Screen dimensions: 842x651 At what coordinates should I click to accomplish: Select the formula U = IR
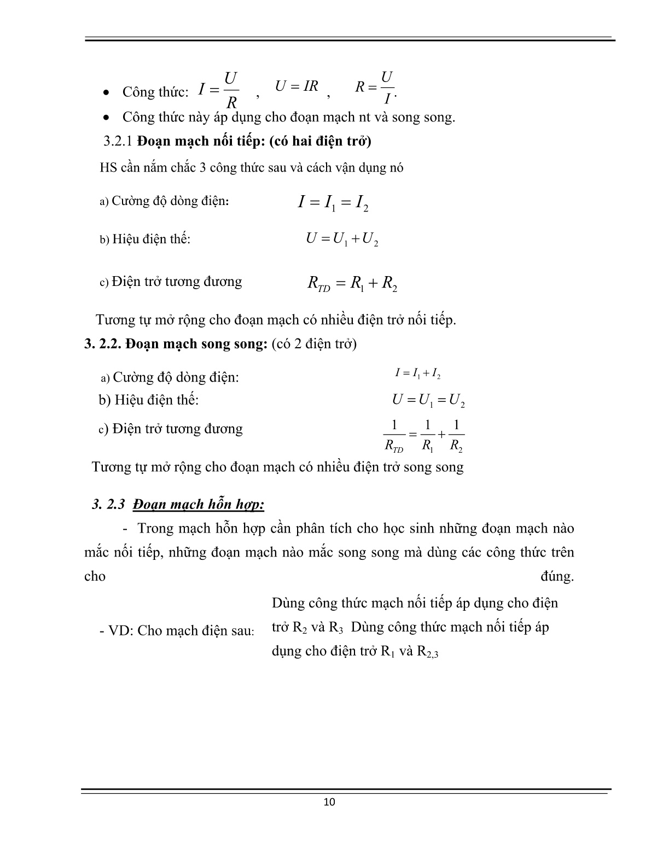tap(297, 86)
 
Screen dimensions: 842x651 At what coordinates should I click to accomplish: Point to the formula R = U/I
tap(375, 87)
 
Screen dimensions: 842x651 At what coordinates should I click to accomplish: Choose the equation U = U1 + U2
tap(342, 239)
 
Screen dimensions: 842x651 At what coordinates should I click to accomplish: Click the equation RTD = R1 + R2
tap(352, 283)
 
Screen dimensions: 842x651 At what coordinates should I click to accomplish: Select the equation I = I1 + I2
tap(417, 374)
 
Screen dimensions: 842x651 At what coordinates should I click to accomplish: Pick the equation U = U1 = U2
tap(428, 401)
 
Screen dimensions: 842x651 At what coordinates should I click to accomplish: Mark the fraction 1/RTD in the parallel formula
tap(394, 436)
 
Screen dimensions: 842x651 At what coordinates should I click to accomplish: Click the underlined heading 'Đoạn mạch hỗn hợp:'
tap(199, 504)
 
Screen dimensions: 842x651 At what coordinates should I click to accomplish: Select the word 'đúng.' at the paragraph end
tap(557, 576)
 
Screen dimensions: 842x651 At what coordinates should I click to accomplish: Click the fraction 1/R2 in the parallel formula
tap(456, 436)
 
